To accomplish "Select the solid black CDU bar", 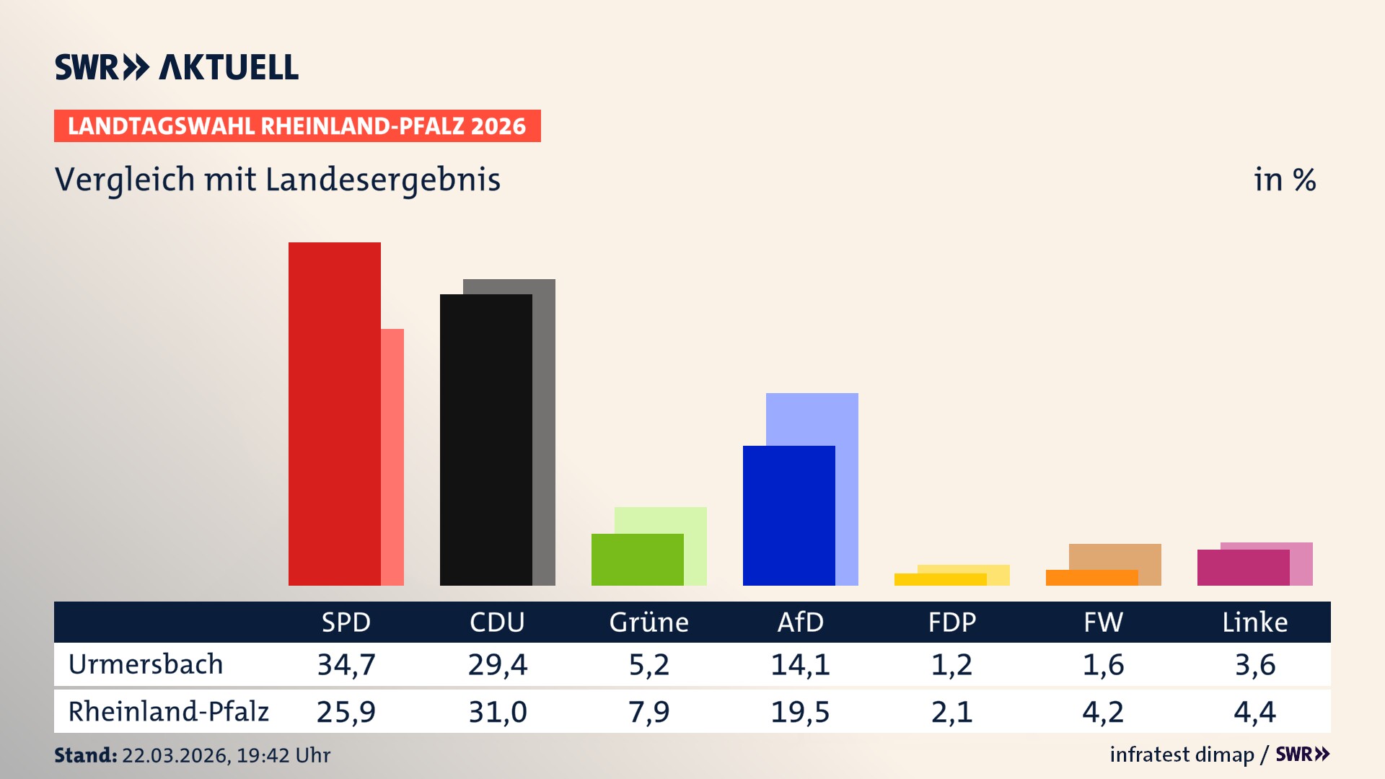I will tap(485, 439).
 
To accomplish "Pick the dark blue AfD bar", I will tap(788, 515).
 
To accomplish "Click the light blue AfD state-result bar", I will tap(812, 418).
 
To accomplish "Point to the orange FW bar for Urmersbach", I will tap(1091, 578).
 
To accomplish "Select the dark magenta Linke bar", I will tap(1243, 568).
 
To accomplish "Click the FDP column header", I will tap(951, 622).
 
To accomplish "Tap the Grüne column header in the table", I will tap(648, 622).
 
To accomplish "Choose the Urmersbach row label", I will tap(146, 664).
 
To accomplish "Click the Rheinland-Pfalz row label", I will tap(168, 711).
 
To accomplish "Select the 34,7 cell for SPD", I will tap(346, 664).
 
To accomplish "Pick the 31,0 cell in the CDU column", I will tap(498, 712).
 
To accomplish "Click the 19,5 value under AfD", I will tap(800, 712).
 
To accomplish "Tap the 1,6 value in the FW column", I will tap(1103, 664).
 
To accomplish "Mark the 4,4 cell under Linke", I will tap(1254, 712).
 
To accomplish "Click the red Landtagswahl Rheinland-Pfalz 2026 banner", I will tap(297, 126).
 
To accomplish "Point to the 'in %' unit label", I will tap(1284, 180).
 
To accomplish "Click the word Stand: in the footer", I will tap(85, 755).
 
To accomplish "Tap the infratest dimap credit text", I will tap(1182, 754).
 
